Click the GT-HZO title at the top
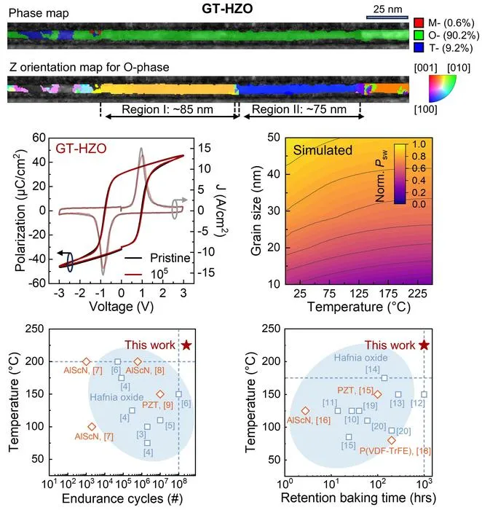click(227, 9)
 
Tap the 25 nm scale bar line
click(387, 17)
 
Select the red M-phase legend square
click(419, 23)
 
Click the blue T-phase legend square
click(419, 48)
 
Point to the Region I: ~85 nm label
click(167, 109)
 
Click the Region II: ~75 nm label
click(299, 109)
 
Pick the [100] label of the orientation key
click(426, 109)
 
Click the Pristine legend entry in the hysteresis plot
click(170, 258)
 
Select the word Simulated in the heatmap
click(323, 150)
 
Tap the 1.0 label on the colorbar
click(419, 144)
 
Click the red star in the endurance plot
click(186, 345)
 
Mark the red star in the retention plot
click(424, 345)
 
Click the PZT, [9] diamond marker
click(160, 394)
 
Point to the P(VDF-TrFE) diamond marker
click(392, 440)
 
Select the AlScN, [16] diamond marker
click(305, 411)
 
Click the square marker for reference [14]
click(384, 378)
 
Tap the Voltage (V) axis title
click(122, 307)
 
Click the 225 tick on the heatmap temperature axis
click(417, 294)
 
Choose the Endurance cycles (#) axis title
click(122, 498)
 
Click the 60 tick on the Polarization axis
click(39, 138)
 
